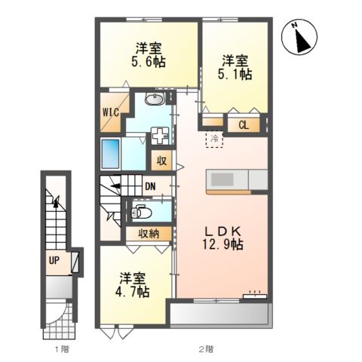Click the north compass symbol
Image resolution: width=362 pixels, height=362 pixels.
(x=299, y=38)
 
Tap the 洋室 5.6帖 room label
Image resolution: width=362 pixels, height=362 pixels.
(x=148, y=55)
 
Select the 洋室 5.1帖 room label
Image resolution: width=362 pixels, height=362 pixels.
(x=235, y=67)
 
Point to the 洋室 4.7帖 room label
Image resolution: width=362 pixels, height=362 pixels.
(x=132, y=285)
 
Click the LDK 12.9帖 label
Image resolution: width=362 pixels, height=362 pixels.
(x=222, y=238)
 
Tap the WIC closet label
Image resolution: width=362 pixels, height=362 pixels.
(x=111, y=112)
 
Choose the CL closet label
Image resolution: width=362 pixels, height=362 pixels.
(x=244, y=125)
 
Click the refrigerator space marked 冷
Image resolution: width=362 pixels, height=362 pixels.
(x=214, y=140)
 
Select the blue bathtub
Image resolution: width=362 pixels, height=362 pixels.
(x=110, y=154)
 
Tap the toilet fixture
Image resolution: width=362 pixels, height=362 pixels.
(x=142, y=211)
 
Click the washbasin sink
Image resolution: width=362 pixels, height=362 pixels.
(x=155, y=99)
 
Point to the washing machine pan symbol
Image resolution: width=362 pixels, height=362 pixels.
(x=160, y=136)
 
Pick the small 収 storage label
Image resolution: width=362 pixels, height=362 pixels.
(x=161, y=161)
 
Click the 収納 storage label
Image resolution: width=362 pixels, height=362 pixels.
(x=149, y=234)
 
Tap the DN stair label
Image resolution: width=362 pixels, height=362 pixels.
(x=150, y=186)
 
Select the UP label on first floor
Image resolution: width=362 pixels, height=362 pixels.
(x=54, y=261)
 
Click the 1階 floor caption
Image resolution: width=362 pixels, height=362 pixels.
(x=62, y=349)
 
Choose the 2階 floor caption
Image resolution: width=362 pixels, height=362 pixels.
(x=206, y=349)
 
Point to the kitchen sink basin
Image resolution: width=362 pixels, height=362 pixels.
(x=222, y=179)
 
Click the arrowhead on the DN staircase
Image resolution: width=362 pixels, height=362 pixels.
(x=115, y=186)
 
